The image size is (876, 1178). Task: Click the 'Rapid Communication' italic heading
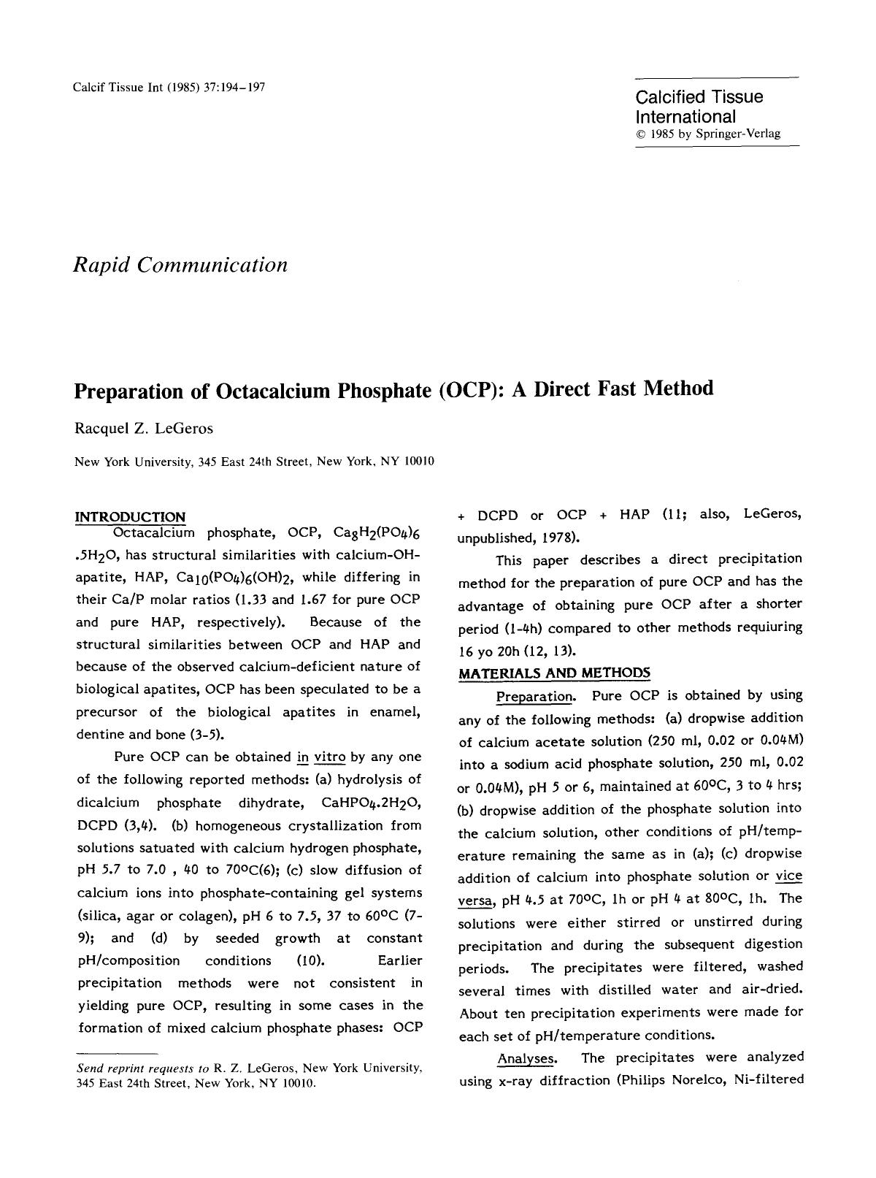tap(180, 264)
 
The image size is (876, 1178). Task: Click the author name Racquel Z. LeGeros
tap(144, 429)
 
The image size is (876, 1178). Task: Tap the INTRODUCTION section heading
tap(131, 517)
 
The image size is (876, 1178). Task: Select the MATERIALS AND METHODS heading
tap(554, 673)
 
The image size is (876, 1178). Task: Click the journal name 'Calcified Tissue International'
tap(699, 107)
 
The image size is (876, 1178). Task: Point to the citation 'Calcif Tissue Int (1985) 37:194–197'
tap(169, 88)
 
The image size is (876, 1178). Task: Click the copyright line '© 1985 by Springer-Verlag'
tap(708, 134)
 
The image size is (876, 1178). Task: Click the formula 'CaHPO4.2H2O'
tap(371, 803)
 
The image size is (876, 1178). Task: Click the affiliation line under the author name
tap(255, 462)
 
